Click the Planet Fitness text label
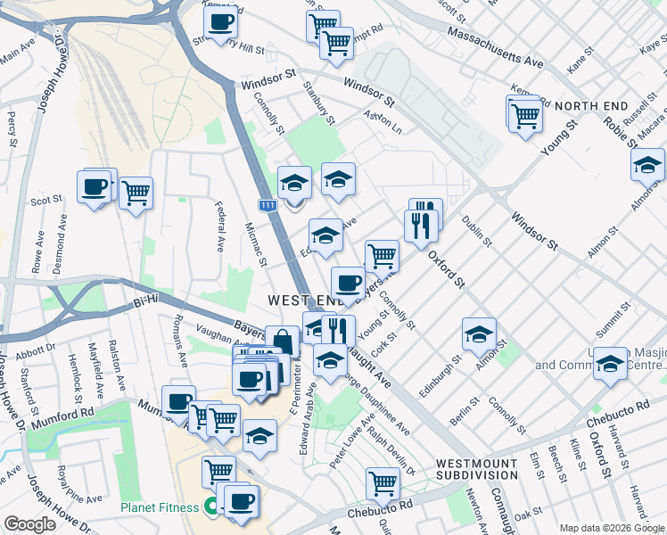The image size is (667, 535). [161, 509]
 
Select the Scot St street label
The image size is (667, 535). [45, 202]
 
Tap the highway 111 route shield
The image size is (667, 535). [268, 206]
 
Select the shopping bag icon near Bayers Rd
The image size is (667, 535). [282, 341]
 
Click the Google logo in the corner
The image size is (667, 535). [30, 524]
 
